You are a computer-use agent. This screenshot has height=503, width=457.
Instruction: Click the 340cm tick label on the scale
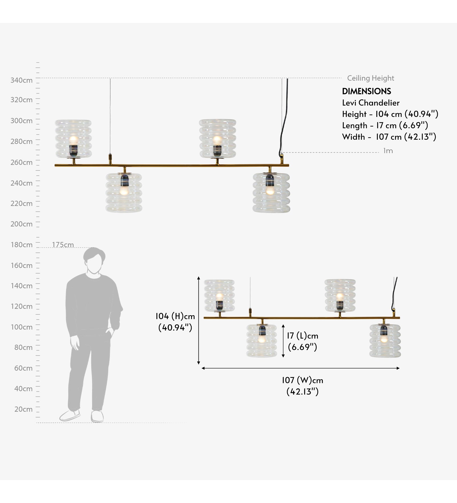[21, 80]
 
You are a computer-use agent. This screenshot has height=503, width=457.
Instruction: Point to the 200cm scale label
[21, 224]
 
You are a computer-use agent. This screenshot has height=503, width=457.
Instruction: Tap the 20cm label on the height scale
[23, 409]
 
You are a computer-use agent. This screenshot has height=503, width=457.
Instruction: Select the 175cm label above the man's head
[63, 245]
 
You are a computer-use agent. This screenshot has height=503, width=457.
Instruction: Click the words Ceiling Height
[370, 78]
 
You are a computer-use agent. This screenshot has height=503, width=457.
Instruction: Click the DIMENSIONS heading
[366, 91]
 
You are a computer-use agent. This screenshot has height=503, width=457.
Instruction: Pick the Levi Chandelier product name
[371, 103]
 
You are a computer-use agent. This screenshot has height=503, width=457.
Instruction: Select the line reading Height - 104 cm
[390, 114]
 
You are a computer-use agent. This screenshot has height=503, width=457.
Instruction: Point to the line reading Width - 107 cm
[389, 137]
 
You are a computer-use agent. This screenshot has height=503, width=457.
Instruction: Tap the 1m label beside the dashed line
[388, 151]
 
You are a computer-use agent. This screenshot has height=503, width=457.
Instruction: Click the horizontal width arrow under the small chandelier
[300, 368]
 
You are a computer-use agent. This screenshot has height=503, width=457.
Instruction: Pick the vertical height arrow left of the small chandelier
[199, 320]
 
